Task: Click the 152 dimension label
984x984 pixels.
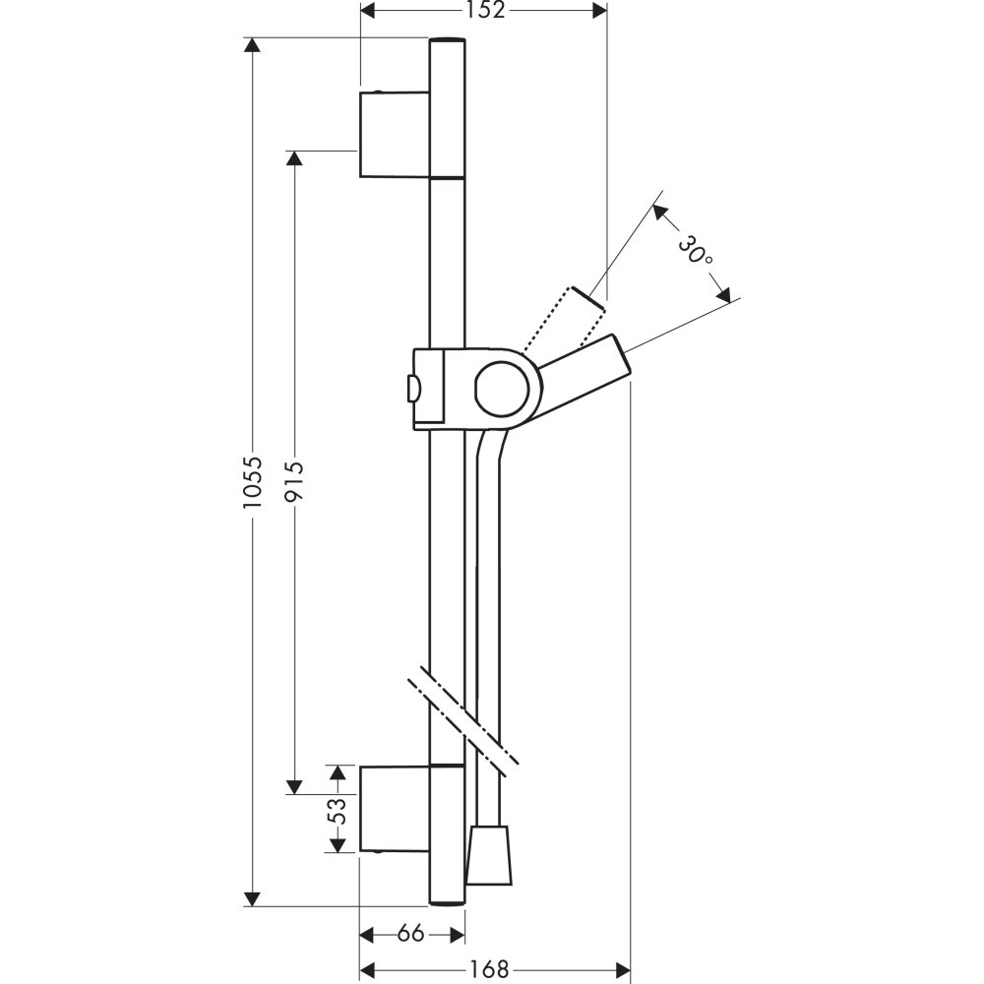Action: (x=485, y=10)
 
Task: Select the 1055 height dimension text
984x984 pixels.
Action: (x=252, y=481)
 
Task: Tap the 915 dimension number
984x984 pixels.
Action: (x=293, y=481)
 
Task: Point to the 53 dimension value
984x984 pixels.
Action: (x=337, y=811)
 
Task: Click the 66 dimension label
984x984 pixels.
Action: (x=411, y=935)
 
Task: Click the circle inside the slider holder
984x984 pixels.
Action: (x=502, y=389)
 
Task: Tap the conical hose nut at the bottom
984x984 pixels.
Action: (x=489, y=855)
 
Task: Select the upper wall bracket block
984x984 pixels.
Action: (x=395, y=134)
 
